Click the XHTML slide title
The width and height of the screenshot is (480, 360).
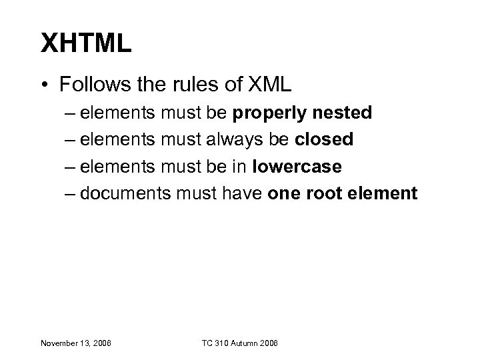(87, 45)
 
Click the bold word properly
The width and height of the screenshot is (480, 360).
(264, 113)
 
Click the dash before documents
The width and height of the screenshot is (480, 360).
(71, 193)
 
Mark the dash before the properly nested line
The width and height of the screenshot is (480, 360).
(71, 113)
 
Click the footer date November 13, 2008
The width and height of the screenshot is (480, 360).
(76, 343)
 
